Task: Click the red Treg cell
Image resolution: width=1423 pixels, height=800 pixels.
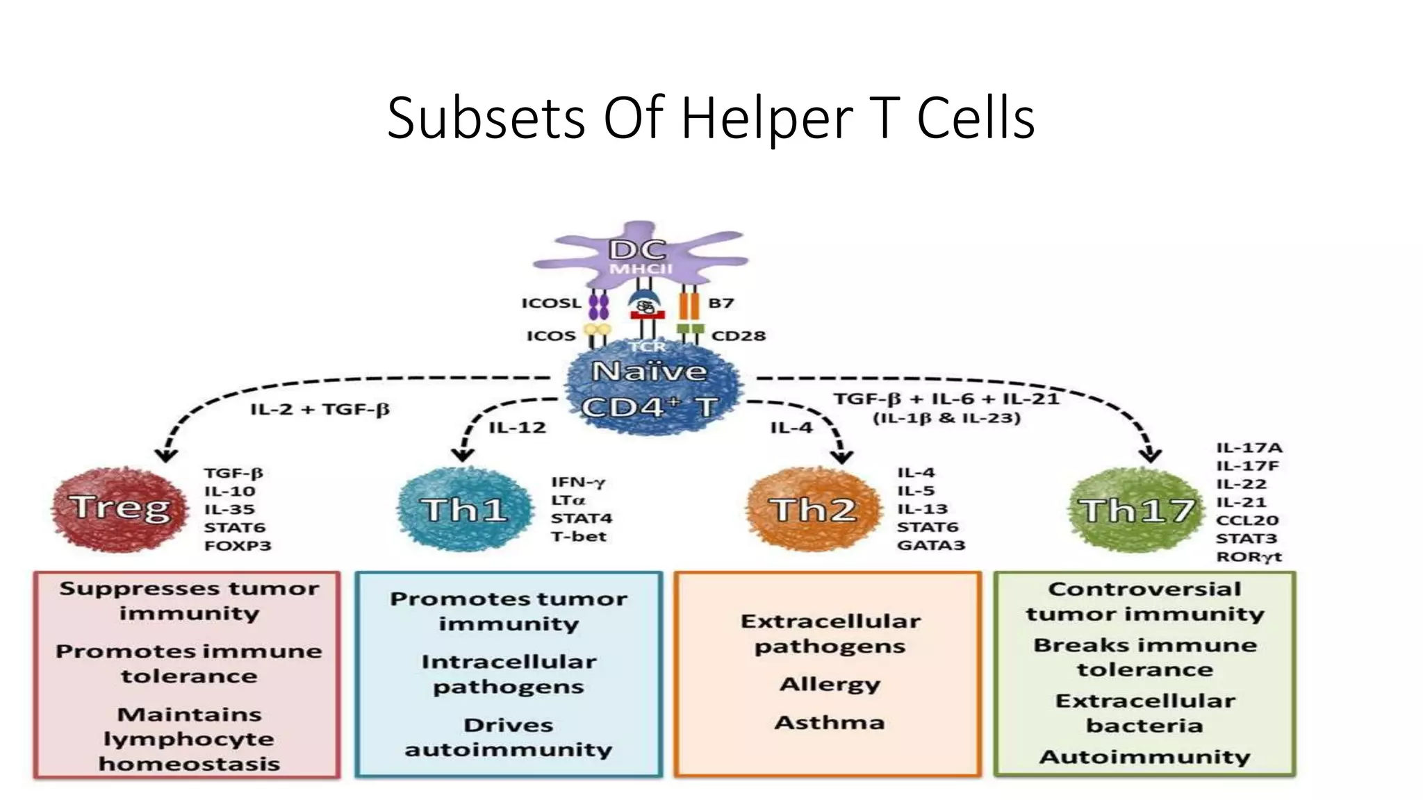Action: pyautogui.click(x=120, y=509)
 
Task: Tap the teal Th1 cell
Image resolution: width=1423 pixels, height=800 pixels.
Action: pyautogui.click(x=463, y=510)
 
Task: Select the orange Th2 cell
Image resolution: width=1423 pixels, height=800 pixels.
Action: pyautogui.click(x=812, y=510)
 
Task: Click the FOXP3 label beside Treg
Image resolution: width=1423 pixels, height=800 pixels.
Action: pyautogui.click(x=237, y=546)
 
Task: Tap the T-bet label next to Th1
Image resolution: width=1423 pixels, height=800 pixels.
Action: pyautogui.click(x=578, y=537)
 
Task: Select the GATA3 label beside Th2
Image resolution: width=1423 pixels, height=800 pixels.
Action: pyautogui.click(x=930, y=545)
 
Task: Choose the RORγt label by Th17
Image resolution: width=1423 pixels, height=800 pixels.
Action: pyautogui.click(x=1248, y=557)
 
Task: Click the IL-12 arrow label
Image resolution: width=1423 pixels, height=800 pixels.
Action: pyautogui.click(x=517, y=428)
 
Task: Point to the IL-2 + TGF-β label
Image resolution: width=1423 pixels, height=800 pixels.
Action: pyautogui.click(x=320, y=409)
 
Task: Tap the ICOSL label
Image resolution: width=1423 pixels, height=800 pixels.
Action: pyautogui.click(x=550, y=303)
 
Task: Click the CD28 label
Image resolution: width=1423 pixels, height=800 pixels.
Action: pyautogui.click(x=738, y=336)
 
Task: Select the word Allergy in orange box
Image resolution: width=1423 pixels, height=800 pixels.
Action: pyautogui.click(x=830, y=685)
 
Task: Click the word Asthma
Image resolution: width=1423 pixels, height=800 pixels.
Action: pyautogui.click(x=830, y=723)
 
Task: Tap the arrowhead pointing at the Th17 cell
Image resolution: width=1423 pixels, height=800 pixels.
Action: pyautogui.click(x=1151, y=455)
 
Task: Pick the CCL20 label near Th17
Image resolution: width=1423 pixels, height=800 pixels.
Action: pyautogui.click(x=1247, y=521)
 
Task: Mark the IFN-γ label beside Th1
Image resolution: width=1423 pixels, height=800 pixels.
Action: pyautogui.click(x=577, y=483)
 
